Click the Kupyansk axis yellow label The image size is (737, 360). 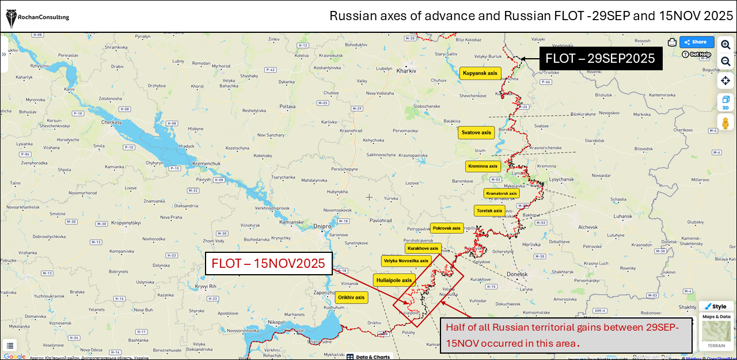(x=480, y=73)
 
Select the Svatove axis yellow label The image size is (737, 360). (x=476, y=132)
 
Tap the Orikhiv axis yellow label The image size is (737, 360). (x=351, y=297)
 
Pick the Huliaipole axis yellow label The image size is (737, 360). (x=394, y=281)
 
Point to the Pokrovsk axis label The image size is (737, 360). (x=446, y=228)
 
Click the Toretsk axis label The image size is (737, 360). (x=489, y=211)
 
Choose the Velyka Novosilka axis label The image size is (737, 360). (x=405, y=261)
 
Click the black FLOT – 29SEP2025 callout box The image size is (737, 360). (x=600, y=58)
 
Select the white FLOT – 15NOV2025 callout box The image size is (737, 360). (x=269, y=264)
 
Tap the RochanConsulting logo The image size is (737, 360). (x=37, y=17)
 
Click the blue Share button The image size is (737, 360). (x=696, y=42)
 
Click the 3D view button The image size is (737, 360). (x=725, y=103)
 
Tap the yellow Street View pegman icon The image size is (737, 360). (x=725, y=122)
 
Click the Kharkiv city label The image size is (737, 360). (x=407, y=71)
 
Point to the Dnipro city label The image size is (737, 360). (x=323, y=226)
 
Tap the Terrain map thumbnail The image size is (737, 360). (x=716, y=333)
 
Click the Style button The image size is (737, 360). (x=716, y=306)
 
